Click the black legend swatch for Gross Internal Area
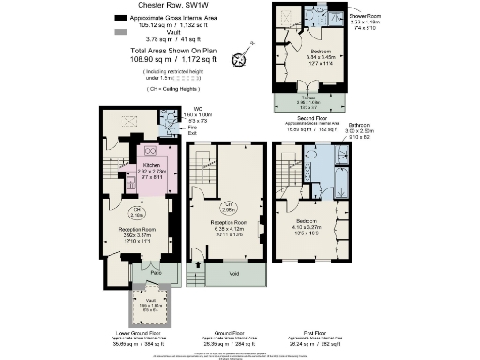click(121, 18)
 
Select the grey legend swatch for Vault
click(121, 33)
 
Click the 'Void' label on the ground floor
click(233, 274)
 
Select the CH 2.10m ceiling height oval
click(137, 209)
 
